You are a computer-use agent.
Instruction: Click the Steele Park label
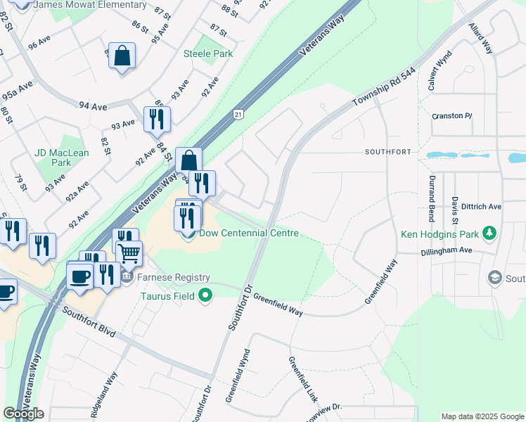[x=207, y=53]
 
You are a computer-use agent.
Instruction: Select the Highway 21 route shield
[x=239, y=114]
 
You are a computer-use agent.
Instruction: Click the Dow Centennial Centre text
[x=249, y=234]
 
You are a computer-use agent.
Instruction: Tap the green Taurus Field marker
[x=205, y=295]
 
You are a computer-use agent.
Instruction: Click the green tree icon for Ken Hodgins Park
[x=494, y=234]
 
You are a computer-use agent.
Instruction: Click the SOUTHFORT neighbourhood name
[x=387, y=152]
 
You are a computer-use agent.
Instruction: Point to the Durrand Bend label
[x=431, y=198]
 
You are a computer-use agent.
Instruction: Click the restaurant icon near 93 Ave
[x=157, y=119]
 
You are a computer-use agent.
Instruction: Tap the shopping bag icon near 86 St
[x=122, y=56]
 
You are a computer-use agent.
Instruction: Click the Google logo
[x=23, y=414]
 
